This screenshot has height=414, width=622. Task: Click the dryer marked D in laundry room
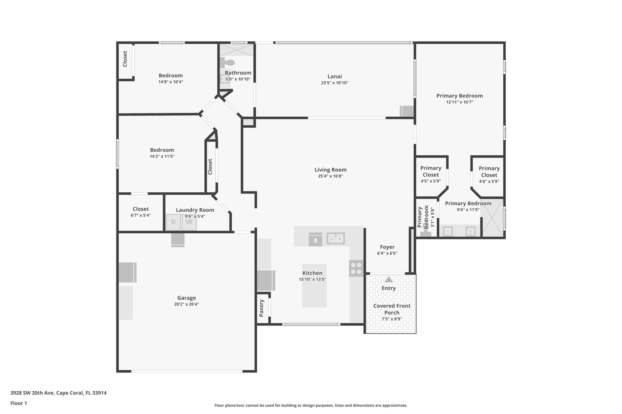pos(173,222)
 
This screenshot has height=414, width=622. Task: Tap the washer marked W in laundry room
pos(189,222)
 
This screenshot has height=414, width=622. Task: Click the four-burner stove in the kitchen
pos(356,268)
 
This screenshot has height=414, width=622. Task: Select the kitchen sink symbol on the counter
pos(335,239)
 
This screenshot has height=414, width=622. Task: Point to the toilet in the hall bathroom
pos(228,63)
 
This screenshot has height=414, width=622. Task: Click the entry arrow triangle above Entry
pos(388,279)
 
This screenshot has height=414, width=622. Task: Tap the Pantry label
pos(261,308)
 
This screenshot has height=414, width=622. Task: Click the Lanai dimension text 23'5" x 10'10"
pos(334,83)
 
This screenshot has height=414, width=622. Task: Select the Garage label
pos(186,298)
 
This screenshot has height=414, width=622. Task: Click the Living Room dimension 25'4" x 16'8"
pos(330,176)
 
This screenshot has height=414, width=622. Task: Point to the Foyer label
pos(387,247)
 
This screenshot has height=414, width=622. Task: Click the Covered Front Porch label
pos(392,309)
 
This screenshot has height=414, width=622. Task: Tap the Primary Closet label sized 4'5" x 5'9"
pos(431,171)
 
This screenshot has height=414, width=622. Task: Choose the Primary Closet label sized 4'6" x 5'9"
pos(489,172)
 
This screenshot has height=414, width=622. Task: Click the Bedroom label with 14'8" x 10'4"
pos(171,76)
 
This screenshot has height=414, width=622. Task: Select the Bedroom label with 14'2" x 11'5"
pos(162,150)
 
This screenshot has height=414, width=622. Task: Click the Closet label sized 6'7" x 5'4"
pos(141,209)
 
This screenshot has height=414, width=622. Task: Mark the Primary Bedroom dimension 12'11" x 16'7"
pos(460,102)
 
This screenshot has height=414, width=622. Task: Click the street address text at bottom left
pos(58,393)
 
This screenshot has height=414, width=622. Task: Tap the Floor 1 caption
pos(19,403)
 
